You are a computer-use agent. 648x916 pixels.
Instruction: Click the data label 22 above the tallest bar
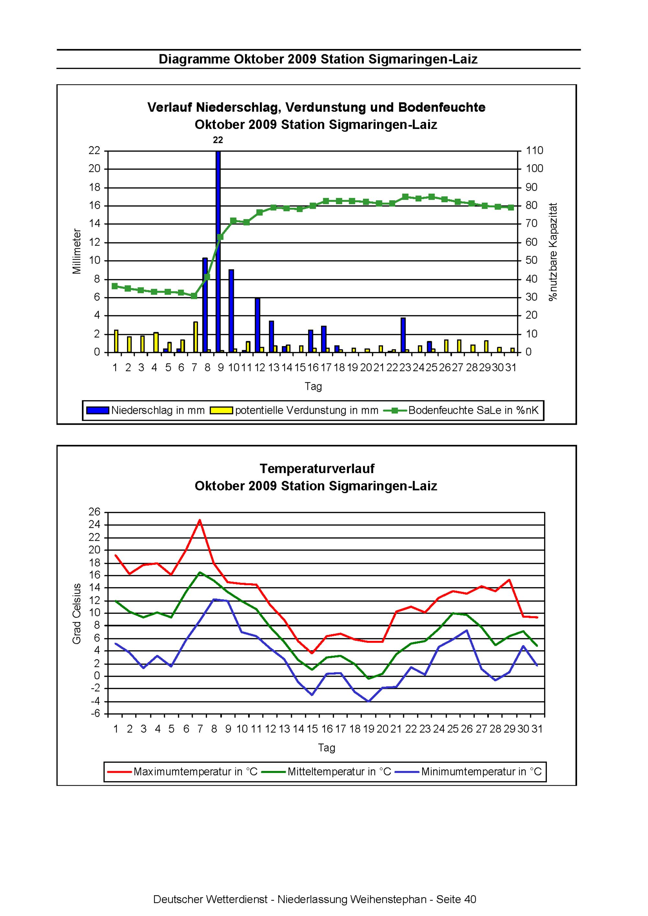218,140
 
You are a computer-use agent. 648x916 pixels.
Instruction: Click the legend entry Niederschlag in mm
146,411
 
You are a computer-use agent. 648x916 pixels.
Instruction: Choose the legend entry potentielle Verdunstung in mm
295,411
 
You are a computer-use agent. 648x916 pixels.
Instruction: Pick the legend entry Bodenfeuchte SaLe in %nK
462,411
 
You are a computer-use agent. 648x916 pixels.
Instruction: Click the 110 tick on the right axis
535,151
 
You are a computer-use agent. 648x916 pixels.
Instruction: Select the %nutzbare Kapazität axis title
553,251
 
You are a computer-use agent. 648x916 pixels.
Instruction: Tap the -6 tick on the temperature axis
95,714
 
